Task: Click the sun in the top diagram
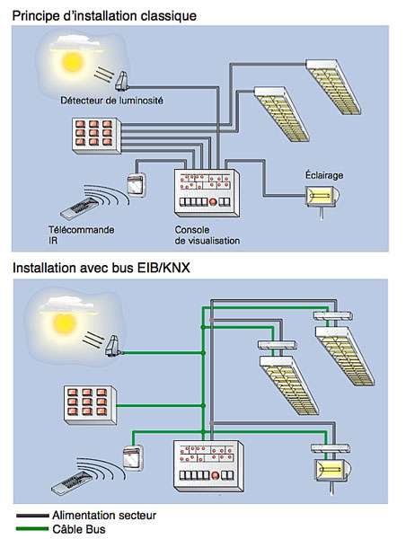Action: point(73,62)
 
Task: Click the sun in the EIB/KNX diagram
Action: point(65,323)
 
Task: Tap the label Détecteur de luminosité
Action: point(111,101)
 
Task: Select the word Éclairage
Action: point(324,175)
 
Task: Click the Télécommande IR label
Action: point(81,234)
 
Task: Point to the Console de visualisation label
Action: point(207,235)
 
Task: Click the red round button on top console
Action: point(214,202)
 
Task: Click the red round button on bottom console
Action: point(216,475)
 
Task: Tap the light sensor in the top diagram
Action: point(121,82)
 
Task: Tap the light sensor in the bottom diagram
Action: point(113,346)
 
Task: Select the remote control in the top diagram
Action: point(80,208)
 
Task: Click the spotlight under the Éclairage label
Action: point(322,197)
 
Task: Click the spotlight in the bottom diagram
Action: point(332,470)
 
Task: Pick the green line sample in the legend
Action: point(32,528)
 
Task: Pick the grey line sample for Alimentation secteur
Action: point(32,516)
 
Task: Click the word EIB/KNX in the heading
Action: point(163,268)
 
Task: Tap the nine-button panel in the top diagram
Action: point(97,136)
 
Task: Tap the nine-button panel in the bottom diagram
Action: point(91,405)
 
